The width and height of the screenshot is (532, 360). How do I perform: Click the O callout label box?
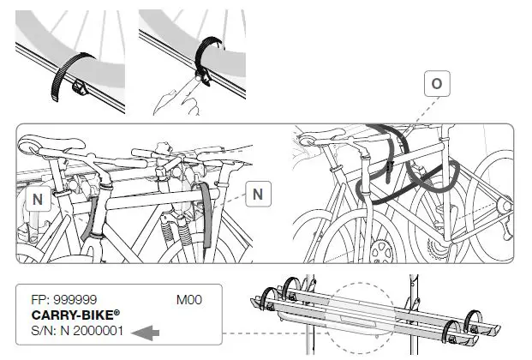[x=437, y=84]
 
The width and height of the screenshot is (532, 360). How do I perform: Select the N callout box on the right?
[x=257, y=195]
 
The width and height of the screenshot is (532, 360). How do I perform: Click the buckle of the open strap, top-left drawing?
[x=81, y=85]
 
